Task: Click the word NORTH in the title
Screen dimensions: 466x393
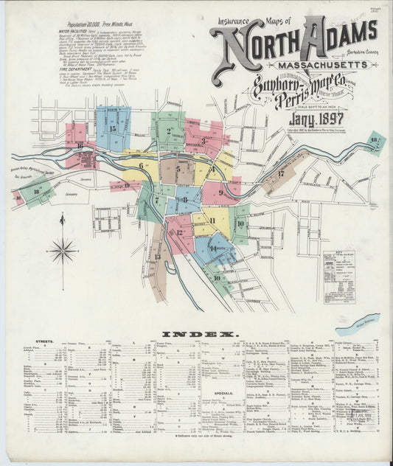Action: click(x=254, y=49)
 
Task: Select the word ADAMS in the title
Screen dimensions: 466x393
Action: click(x=338, y=41)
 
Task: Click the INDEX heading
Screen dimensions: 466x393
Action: click(x=195, y=334)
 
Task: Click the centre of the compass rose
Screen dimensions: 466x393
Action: click(x=63, y=251)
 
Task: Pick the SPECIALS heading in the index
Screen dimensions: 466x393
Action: click(x=223, y=393)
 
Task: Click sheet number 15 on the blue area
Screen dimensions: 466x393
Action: click(x=112, y=129)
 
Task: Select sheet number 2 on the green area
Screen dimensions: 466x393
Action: click(x=169, y=132)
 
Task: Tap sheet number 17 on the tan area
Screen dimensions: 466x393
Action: click(x=281, y=174)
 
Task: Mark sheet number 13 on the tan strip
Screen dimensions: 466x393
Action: click(x=157, y=256)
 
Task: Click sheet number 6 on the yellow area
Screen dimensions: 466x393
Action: click(x=141, y=166)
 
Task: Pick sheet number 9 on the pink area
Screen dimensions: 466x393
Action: click(x=219, y=192)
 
